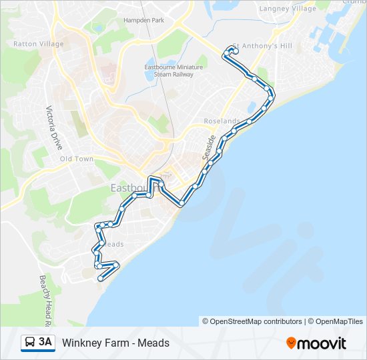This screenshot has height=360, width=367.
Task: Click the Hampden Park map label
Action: coord(143,20)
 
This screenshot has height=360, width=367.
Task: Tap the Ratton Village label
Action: coord(39,44)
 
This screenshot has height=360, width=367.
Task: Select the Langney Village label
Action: coord(288,9)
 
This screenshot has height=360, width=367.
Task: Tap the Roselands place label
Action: coord(222,121)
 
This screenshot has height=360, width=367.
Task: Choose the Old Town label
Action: coord(77,159)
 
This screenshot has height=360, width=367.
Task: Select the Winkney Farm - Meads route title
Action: coord(116,343)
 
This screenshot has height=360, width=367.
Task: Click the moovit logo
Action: coord(316,343)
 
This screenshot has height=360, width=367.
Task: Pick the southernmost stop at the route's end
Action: coord(101,279)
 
